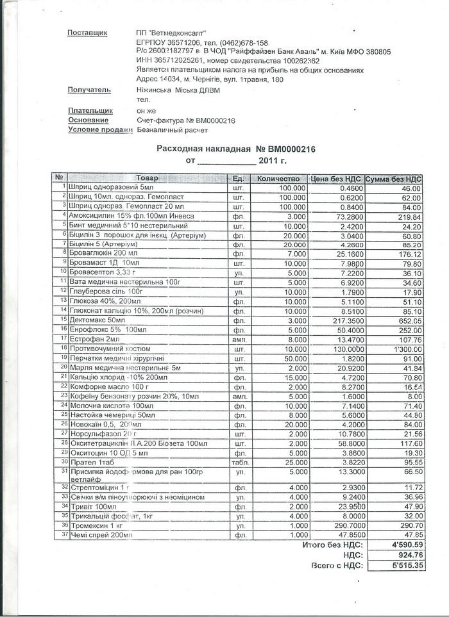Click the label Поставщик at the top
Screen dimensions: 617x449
coord(87,33)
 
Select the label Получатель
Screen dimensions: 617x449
coord(89,90)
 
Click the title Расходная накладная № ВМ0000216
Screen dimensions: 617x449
coord(236,149)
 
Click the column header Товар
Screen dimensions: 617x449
coord(147,177)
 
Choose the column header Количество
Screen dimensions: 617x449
coord(278,178)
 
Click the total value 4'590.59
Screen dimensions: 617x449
coord(405,545)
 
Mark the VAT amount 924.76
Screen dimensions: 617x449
coord(409,555)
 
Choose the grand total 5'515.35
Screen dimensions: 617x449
coord(405,565)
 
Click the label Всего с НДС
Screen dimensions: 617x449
coord(337,565)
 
